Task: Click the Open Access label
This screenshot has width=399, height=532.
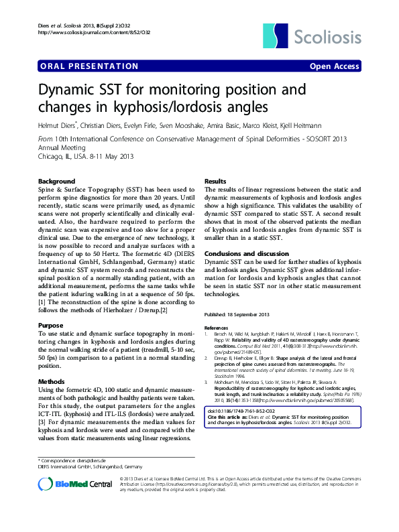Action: pos(334,66)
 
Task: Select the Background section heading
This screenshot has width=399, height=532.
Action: pos(56,182)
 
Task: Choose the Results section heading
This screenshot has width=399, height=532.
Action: pos(215,182)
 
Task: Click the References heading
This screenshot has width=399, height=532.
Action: pos(215,328)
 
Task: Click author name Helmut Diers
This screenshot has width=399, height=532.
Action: pos(57,125)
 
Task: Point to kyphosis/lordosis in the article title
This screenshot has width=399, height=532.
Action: pos(170,106)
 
